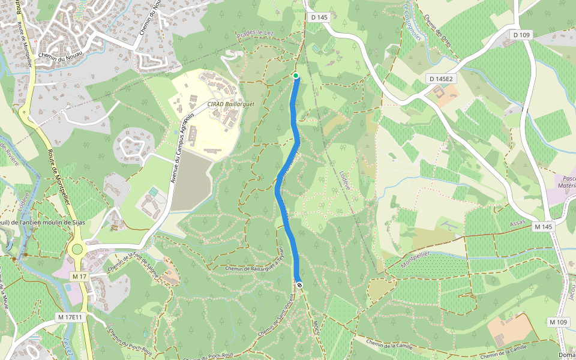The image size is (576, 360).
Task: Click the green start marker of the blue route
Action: coord(295,75)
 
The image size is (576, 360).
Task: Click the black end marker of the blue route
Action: coord(299,285)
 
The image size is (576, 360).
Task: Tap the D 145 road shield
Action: coord(320,17)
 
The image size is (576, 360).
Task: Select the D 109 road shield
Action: coord(522,35)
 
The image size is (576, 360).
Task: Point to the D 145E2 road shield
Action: coord(442,79)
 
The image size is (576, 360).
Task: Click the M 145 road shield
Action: coord(542,226)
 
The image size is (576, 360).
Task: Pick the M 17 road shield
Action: coord(79,277)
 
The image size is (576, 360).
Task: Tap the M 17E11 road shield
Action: coord(70,316)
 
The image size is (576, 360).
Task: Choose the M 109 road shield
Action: coord(558,322)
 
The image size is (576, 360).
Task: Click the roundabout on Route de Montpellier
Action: coord(77,249)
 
